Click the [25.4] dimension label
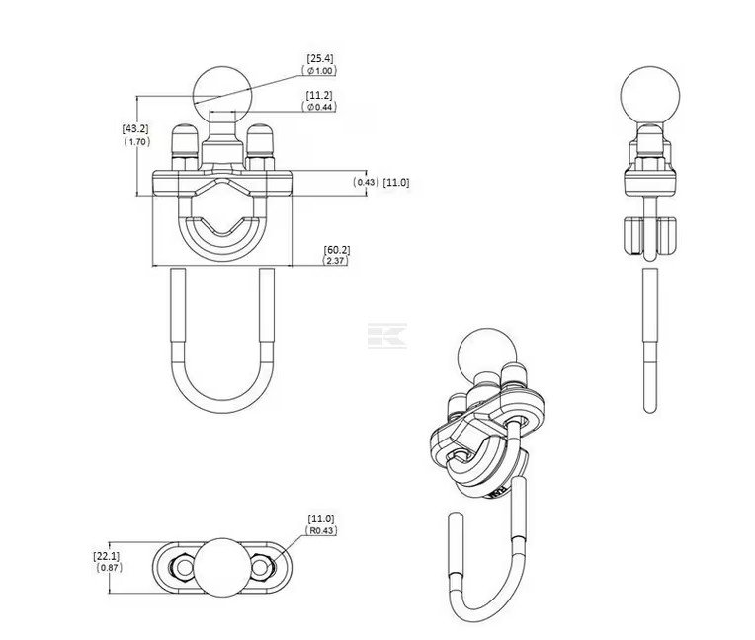pyautogui.click(x=320, y=58)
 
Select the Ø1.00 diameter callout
pyautogui.click(x=319, y=71)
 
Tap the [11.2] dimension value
pyautogui.click(x=319, y=95)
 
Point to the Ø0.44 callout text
pyautogui.click(x=319, y=107)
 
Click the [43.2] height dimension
pyautogui.click(x=135, y=129)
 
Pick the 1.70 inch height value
pyautogui.click(x=137, y=141)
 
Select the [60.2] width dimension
pyautogui.click(x=337, y=250)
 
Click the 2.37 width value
pyautogui.click(x=335, y=261)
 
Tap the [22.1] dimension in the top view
pyautogui.click(x=107, y=556)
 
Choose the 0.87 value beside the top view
pyautogui.click(x=110, y=567)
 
